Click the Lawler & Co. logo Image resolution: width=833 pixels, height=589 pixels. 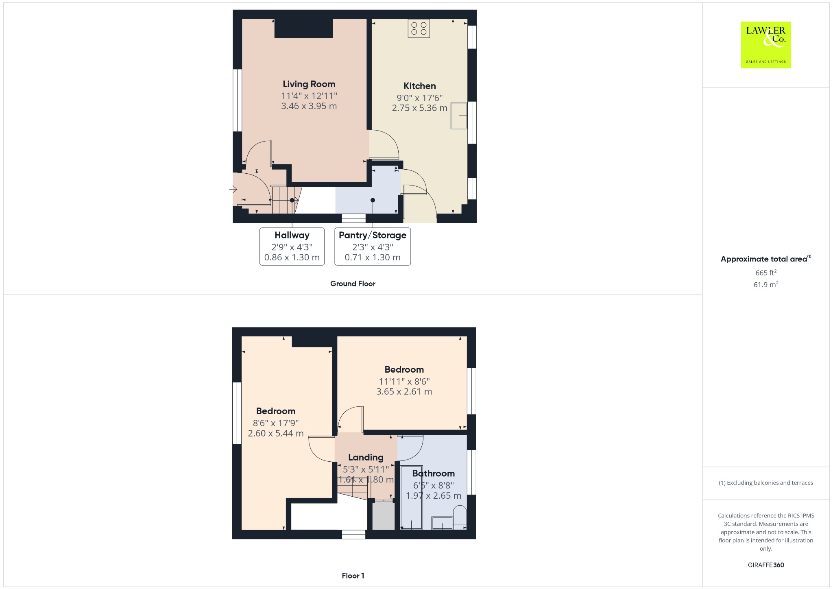click(765, 45)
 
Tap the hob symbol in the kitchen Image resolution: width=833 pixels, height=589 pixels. click(419, 28)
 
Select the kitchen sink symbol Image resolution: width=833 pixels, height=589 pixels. click(459, 116)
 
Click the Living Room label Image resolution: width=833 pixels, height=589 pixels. click(309, 84)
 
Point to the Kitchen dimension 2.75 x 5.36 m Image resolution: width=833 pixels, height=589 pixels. click(420, 108)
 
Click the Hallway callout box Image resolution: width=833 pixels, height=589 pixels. click(292, 247)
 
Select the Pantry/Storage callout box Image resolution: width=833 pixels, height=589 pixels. click(373, 247)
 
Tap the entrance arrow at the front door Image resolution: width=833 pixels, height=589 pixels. click(233, 189)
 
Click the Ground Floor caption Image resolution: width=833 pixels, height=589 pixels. click(353, 284)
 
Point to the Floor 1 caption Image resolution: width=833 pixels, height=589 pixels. click(353, 576)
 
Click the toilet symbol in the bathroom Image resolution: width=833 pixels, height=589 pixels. click(460, 517)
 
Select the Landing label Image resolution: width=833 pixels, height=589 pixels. click(366, 457)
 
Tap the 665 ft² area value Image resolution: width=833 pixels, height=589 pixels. click(766, 273)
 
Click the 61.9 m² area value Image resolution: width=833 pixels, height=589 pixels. click(766, 284)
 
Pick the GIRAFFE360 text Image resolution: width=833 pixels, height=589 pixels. click(766, 565)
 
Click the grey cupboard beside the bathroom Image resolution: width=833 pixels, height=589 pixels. click(384, 515)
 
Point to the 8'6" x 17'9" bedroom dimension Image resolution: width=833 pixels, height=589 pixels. click(276, 423)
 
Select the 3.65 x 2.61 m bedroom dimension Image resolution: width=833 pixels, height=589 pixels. click(404, 392)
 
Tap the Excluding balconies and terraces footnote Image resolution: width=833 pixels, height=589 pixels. click(766, 483)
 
